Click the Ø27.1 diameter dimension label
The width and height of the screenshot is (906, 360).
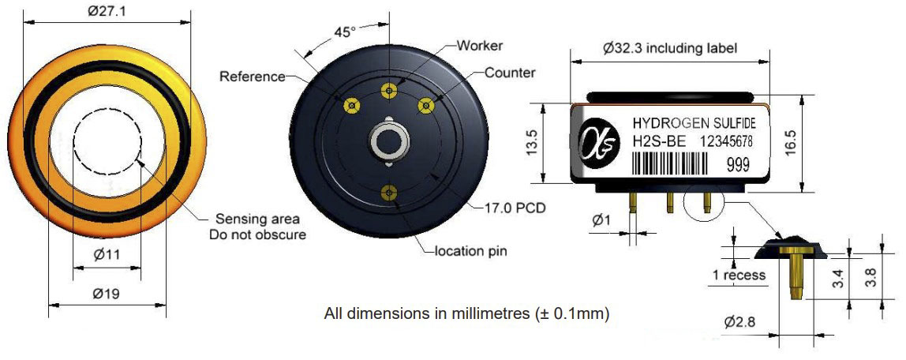(x=107, y=12)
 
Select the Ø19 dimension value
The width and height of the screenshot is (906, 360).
(x=106, y=294)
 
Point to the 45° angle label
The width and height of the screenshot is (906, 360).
(x=344, y=32)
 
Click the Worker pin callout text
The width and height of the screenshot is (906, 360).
(x=480, y=45)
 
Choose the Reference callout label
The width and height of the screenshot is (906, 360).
(x=253, y=77)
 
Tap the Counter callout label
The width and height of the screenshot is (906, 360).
(x=510, y=73)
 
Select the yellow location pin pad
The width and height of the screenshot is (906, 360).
(x=390, y=192)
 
